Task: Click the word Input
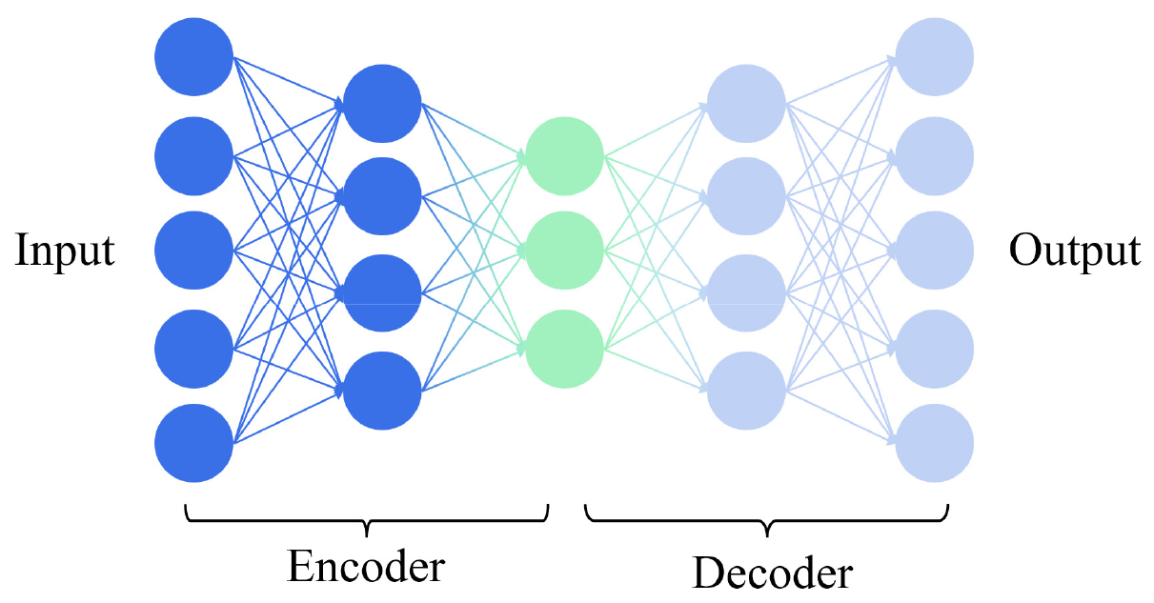pyautogui.click(x=65, y=251)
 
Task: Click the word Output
pyautogui.click(x=1074, y=251)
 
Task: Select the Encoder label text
pyautogui.click(x=366, y=567)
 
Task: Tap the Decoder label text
pyautogui.click(x=771, y=573)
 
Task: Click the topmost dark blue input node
pyautogui.click(x=194, y=57)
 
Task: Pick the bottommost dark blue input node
pyautogui.click(x=194, y=444)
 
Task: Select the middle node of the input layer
pyautogui.click(x=194, y=251)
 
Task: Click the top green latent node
pyautogui.click(x=564, y=154)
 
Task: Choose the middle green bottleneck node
pyautogui.click(x=564, y=251)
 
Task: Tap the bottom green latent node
pyautogui.click(x=564, y=349)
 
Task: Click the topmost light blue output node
pyautogui.click(x=935, y=57)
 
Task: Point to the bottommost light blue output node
pyautogui.click(x=935, y=444)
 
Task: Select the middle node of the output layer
pyautogui.click(x=935, y=251)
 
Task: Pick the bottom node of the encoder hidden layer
pyautogui.click(x=381, y=391)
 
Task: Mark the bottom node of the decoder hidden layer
pyautogui.click(x=747, y=391)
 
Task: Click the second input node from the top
pyautogui.click(x=194, y=154)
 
